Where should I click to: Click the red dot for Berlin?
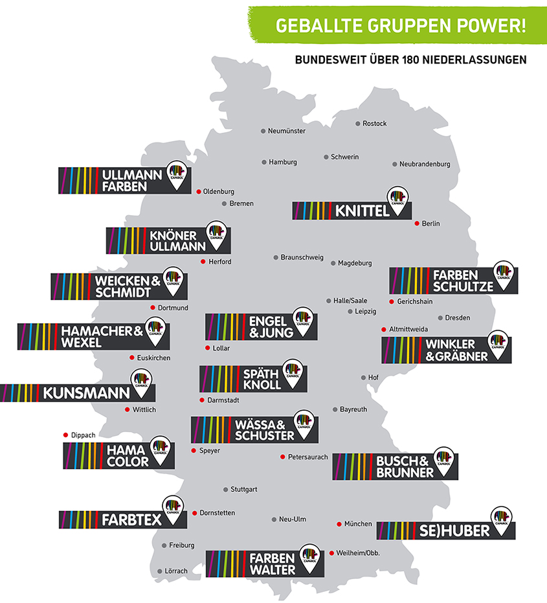click(416, 223)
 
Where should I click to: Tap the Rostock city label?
click(374, 124)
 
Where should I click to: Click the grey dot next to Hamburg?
click(263, 162)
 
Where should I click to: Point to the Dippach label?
click(83, 435)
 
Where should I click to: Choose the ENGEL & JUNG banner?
click(262, 326)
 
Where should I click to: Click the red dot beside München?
click(340, 524)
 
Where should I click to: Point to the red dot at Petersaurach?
click(282, 457)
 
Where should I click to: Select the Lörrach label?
click(177, 571)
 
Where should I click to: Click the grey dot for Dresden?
click(440, 317)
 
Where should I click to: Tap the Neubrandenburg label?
click(425, 165)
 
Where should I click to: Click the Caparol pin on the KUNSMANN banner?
click(142, 383)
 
